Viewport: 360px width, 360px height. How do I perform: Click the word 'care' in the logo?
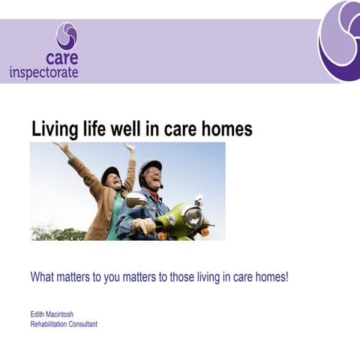coord(61,58)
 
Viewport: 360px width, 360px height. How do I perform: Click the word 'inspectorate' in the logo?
coord(43,73)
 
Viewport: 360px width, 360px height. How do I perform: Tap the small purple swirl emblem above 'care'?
coord(67,35)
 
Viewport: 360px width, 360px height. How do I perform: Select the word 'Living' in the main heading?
coord(56,129)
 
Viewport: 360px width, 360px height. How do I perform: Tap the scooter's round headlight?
coord(193,217)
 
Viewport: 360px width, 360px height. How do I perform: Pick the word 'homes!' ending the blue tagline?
coord(271,277)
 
